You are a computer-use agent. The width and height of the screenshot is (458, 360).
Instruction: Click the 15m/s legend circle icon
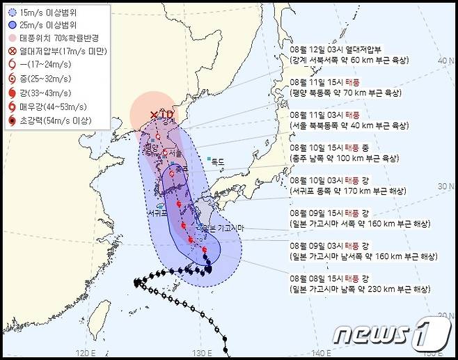pyautogui.click(x=12, y=13)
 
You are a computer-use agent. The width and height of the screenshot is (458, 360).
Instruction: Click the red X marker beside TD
pyautogui.click(x=154, y=114)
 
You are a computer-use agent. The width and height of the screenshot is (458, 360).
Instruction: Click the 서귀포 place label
pyautogui.click(x=157, y=212)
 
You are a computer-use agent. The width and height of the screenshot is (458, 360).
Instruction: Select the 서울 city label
pyautogui.click(x=175, y=153)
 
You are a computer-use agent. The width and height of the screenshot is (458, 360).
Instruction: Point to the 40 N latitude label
pyautogui.click(x=442, y=61)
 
